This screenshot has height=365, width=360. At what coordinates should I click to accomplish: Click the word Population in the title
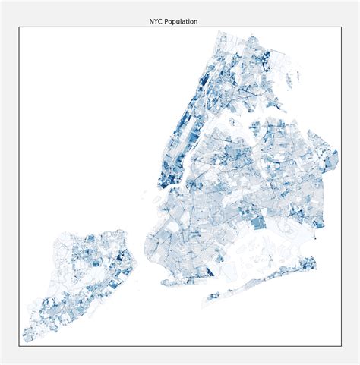point(182,22)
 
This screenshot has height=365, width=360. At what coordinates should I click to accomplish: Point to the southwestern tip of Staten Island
point(25,340)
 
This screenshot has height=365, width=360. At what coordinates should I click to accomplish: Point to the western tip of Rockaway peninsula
point(204,304)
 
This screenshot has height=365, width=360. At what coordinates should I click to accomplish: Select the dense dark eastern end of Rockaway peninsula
point(310,263)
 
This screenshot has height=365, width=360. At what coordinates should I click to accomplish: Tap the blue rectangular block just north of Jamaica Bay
point(259,222)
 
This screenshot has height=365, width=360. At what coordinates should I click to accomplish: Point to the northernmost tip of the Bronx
point(219,32)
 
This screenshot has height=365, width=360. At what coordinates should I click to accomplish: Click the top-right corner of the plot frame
point(340,27)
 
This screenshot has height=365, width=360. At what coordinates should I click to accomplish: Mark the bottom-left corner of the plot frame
point(19,346)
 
